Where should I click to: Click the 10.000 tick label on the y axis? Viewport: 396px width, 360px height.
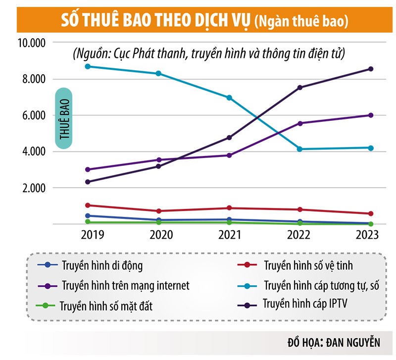point(31,43)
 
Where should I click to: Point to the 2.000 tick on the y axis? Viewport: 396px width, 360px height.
point(33,188)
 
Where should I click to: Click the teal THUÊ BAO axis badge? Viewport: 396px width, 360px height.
point(64,118)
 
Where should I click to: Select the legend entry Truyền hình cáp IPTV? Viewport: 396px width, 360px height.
point(301,303)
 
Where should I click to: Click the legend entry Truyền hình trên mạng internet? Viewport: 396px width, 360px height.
point(126,285)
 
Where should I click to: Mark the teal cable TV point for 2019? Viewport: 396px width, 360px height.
point(88,66)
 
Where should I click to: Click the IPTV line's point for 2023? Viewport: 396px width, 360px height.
point(370,69)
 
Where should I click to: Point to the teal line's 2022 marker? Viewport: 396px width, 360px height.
point(299,149)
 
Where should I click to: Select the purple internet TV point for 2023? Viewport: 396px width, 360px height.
point(370,115)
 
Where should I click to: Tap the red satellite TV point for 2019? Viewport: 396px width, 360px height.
point(88,205)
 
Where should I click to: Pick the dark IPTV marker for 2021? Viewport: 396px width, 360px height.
point(229,137)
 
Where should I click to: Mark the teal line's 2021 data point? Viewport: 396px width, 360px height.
point(229,98)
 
